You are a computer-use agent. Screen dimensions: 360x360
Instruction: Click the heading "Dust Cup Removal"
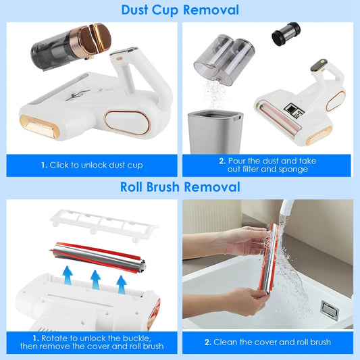click(x=180, y=10)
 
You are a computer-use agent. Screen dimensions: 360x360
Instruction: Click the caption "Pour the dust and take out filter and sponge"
click(x=267, y=165)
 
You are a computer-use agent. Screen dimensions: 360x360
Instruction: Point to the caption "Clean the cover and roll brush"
click(x=267, y=342)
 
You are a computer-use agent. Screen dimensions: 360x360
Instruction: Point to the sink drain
click(x=330, y=310)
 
